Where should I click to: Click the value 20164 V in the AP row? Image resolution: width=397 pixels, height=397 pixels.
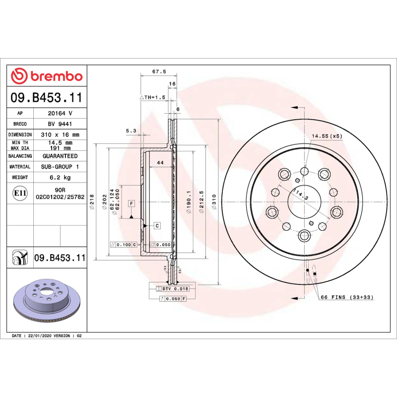point(60,113)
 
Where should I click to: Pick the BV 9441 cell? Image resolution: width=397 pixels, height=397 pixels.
point(60,124)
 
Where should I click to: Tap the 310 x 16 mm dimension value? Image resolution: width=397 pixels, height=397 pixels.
point(60,134)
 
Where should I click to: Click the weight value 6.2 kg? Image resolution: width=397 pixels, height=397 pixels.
point(60,177)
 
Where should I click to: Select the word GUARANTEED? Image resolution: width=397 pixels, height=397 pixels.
point(60,156)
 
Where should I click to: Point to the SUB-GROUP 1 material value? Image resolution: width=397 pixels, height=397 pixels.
point(60,167)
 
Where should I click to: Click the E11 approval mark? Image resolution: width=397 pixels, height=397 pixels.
point(20,193)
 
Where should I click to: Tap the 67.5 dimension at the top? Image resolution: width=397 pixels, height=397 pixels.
point(159,71)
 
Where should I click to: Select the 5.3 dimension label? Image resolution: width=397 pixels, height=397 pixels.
point(131,131)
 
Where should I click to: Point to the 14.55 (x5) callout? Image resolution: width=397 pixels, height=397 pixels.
point(327,135)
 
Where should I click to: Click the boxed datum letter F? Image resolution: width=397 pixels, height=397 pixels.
point(132,204)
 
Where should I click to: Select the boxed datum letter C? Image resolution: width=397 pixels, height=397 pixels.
point(157,226)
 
